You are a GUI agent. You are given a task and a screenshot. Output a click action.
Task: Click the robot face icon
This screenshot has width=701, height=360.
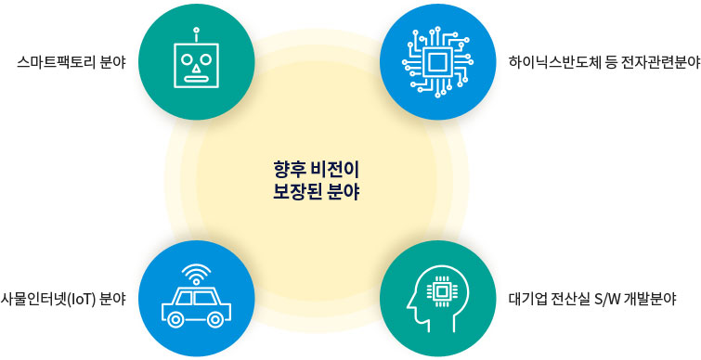point(195,64)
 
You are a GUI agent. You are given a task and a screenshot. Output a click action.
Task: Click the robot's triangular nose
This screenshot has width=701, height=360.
point(195,68)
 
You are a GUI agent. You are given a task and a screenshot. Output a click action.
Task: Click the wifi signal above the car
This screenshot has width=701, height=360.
point(195,273)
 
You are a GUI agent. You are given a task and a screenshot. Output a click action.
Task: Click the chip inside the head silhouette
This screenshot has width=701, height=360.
point(442,291)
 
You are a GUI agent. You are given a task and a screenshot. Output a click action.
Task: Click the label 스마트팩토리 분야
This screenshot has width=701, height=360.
point(71,63)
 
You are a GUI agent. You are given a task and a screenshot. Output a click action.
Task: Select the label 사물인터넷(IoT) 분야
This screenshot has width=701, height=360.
point(63,300)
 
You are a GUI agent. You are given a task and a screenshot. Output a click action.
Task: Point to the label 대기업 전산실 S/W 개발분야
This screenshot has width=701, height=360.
point(591,300)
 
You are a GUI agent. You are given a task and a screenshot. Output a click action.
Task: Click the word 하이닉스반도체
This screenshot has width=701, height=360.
point(552,63)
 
